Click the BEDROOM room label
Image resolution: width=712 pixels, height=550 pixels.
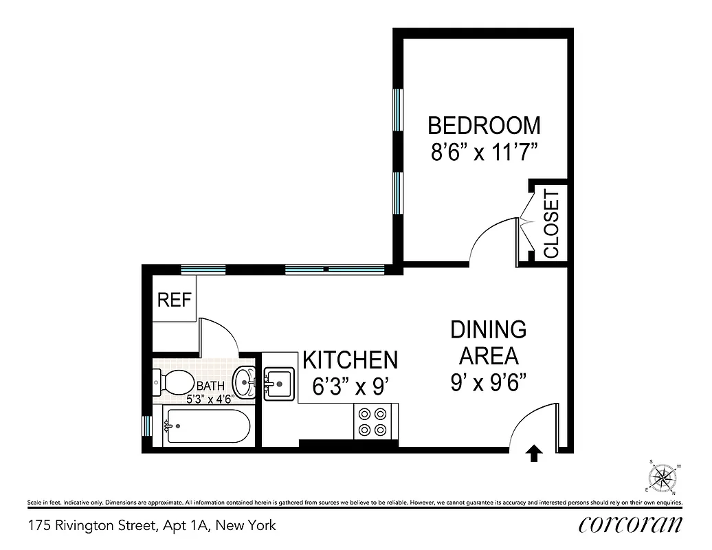click(x=484, y=126)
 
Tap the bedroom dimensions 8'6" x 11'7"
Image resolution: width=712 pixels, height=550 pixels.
click(x=484, y=151)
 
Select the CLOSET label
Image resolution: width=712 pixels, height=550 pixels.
click(x=552, y=225)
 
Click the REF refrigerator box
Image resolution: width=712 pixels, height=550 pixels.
click(x=174, y=300)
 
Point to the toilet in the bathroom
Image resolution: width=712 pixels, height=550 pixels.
click(x=175, y=382)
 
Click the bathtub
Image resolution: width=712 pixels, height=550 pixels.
click(x=205, y=426)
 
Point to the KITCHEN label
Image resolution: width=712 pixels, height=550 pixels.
click(x=350, y=360)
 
